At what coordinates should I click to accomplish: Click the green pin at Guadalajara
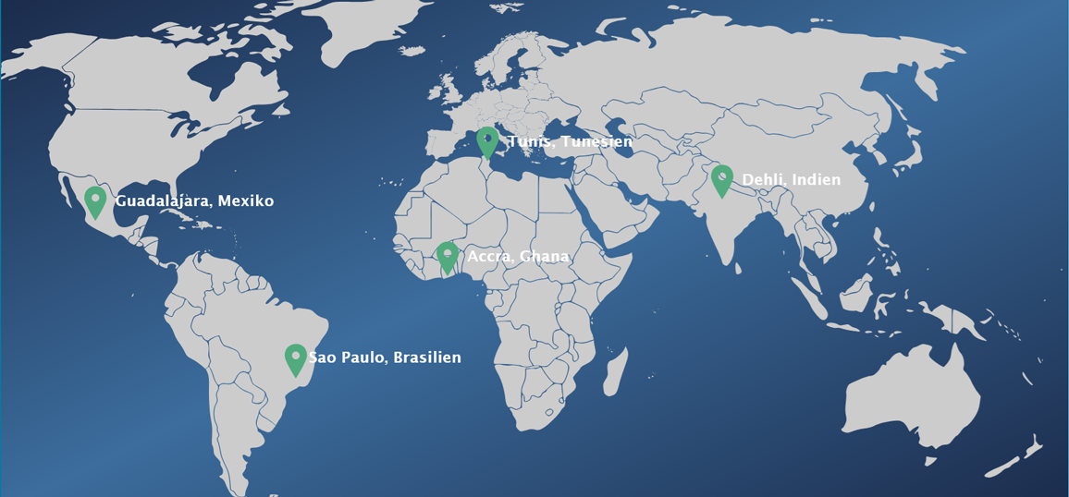tap(95, 200)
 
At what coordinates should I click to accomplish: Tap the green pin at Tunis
tap(487, 141)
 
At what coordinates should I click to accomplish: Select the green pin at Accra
tap(448, 256)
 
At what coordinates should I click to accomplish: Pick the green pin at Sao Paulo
tap(295, 358)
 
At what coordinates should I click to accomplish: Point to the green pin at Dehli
tap(722, 179)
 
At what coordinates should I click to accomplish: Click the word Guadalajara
tap(162, 200)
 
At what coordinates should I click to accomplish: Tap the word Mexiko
tap(246, 200)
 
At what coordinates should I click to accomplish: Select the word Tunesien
tap(596, 141)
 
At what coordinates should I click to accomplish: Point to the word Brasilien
tap(427, 358)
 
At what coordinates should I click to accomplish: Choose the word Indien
tap(817, 179)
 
